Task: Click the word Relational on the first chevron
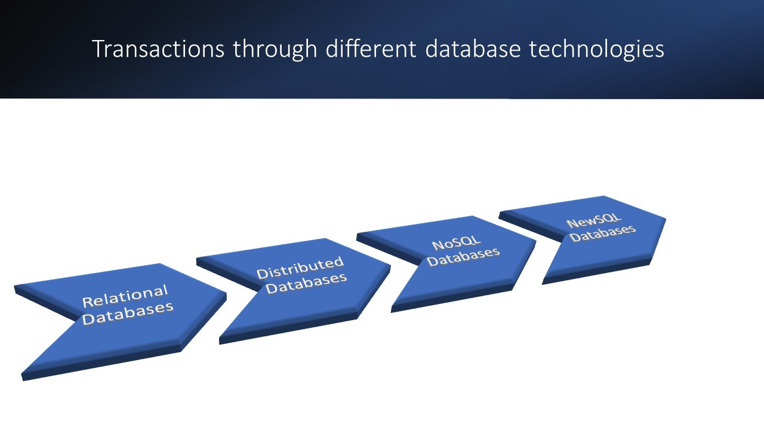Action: coord(125,296)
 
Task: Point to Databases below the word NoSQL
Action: coord(463,257)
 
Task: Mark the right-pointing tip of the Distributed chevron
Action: coord(389,266)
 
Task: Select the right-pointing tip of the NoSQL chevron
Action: coord(534,241)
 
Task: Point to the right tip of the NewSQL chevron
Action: coord(664,219)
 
